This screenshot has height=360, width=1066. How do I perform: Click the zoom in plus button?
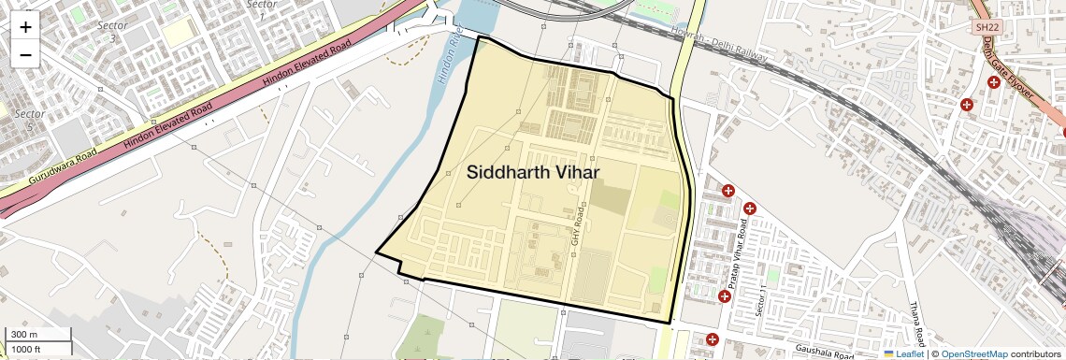pyautogui.click(x=25, y=26)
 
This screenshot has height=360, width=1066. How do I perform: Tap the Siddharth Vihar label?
pyautogui.click(x=533, y=172)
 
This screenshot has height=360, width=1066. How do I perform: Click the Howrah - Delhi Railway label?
pyautogui.click(x=719, y=45)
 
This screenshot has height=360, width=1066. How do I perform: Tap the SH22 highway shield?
pyautogui.click(x=987, y=27)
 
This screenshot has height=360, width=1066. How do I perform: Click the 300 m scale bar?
pyautogui.click(x=36, y=334)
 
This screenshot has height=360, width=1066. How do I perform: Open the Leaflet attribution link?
pyautogui.click(x=903, y=353)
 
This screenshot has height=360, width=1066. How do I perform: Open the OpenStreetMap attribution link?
pyautogui.click(x=973, y=353)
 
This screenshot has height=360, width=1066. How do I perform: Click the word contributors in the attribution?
pyautogui.click(x=1035, y=353)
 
